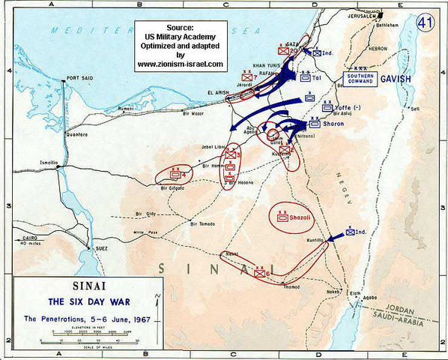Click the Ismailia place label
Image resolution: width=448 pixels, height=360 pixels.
pos(48,161)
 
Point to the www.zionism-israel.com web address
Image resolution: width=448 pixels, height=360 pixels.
pos(180,64)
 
